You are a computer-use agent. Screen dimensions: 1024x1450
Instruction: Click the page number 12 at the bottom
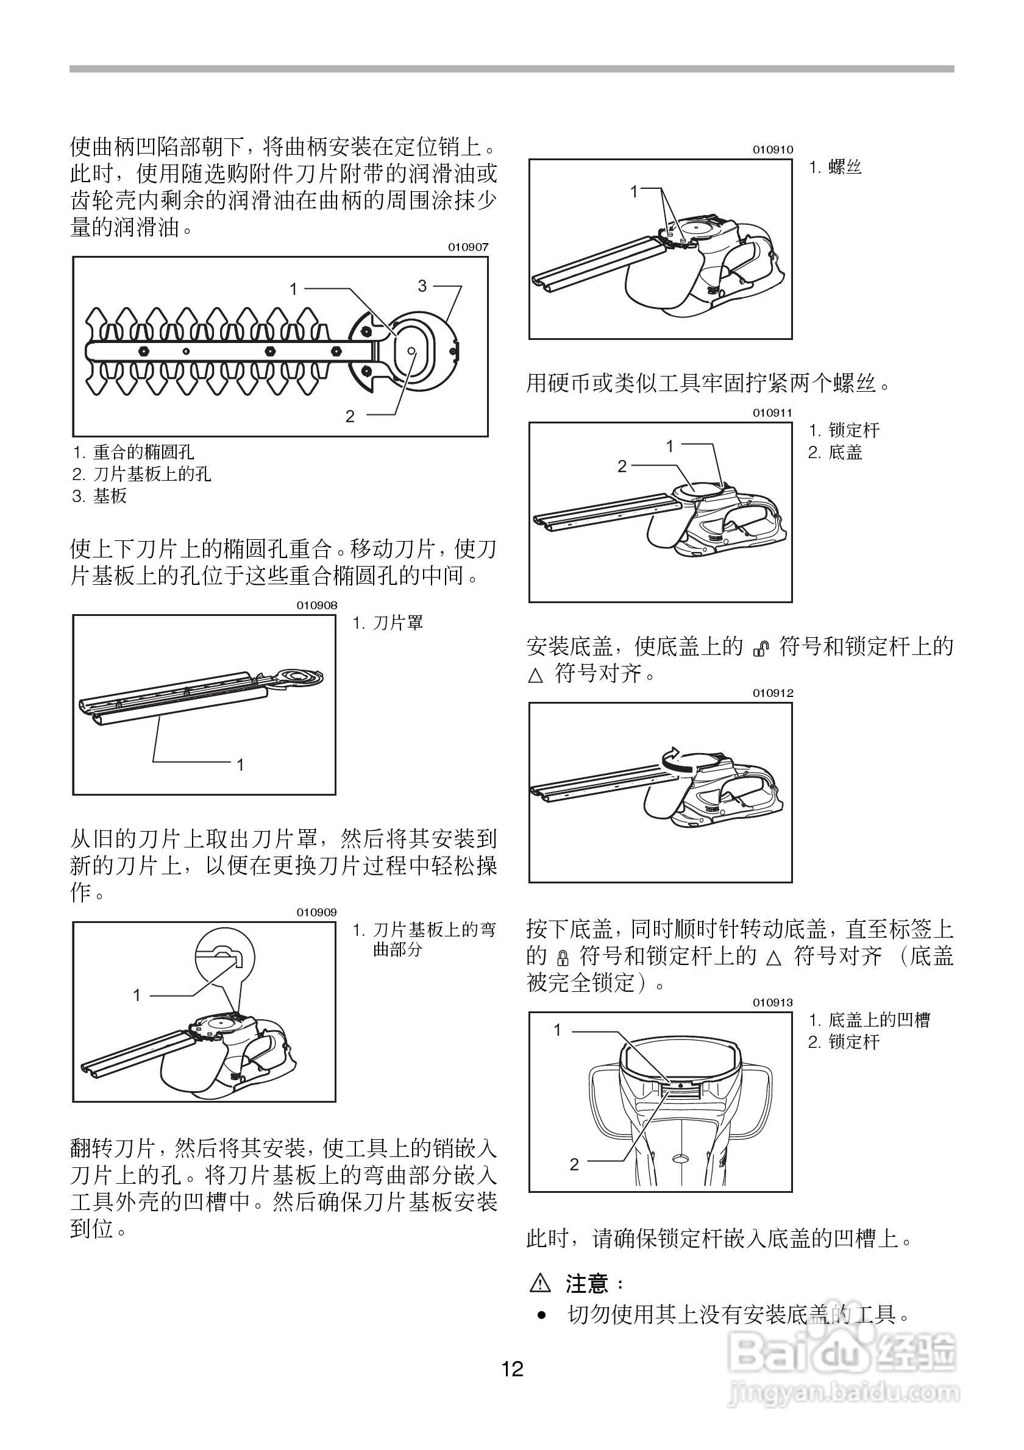click(513, 1368)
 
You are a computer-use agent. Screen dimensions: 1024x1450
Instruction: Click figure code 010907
click(468, 247)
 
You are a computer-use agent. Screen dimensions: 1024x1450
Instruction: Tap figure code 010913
click(772, 1002)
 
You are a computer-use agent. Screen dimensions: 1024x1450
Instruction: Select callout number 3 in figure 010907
click(422, 286)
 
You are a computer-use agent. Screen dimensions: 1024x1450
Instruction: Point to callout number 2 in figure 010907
click(350, 416)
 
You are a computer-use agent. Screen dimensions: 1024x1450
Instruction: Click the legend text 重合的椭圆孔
click(143, 452)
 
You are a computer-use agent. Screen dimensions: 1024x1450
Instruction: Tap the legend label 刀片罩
click(398, 623)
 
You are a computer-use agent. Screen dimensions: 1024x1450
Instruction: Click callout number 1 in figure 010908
click(240, 765)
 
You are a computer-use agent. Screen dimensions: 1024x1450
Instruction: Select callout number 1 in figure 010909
click(137, 996)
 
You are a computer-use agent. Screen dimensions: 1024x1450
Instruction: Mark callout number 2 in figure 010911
click(622, 467)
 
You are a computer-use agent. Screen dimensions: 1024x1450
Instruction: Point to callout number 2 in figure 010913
click(574, 1164)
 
